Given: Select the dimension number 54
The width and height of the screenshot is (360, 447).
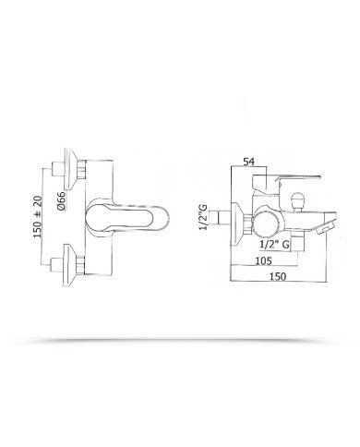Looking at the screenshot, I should click(248, 162).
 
